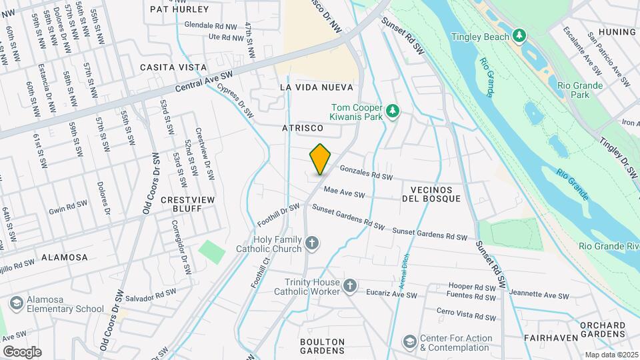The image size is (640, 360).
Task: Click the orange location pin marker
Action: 321,159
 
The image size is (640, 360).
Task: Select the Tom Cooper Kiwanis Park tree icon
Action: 393,110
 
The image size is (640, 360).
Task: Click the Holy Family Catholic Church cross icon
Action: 311,244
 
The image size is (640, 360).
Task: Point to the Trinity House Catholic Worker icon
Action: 350,287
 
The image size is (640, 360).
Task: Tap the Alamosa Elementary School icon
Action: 15,304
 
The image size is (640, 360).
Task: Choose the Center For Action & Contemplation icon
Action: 409,342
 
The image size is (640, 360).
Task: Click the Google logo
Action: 21,351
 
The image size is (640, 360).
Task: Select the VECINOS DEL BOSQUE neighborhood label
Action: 431,194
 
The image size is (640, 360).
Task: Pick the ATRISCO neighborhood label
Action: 302,127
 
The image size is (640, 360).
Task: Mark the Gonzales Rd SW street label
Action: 365,173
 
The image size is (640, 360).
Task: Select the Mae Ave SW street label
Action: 344,193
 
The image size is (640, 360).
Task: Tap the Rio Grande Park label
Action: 579,90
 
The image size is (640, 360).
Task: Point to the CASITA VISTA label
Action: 164,67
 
